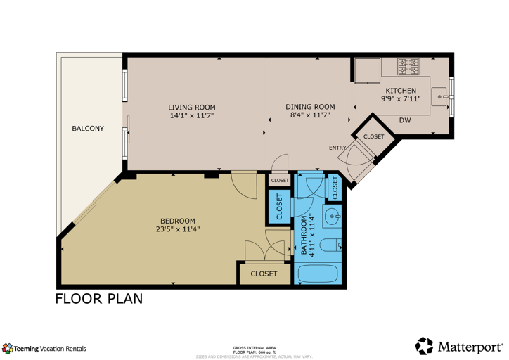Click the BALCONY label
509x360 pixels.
tap(88, 129)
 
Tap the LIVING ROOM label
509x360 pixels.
tap(191, 107)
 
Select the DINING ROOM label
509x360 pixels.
tap(310, 107)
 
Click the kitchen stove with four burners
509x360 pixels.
tap(409, 67)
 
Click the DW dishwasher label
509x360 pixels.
tap(405, 120)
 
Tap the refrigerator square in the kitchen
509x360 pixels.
tap(366, 70)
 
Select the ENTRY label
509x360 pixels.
tap(337, 148)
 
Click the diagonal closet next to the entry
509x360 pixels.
tap(373, 136)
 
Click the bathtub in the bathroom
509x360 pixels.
tap(318, 273)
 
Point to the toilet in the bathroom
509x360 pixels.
tap(331, 246)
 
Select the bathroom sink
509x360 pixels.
tap(333, 215)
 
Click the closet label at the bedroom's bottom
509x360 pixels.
tap(264, 274)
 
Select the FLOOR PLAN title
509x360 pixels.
tap(99, 299)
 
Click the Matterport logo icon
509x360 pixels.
tap(424, 346)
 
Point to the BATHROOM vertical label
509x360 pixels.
tap(305, 236)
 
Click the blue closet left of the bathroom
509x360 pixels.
tap(279, 207)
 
